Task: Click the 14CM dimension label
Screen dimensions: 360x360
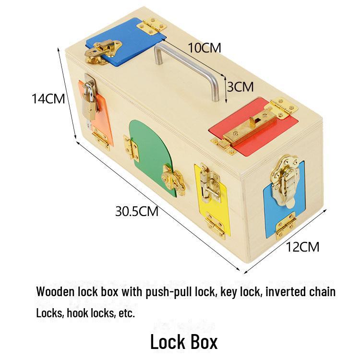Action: (x=48, y=99)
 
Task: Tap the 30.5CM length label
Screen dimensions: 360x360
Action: (x=137, y=211)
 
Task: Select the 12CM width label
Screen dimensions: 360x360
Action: (x=302, y=247)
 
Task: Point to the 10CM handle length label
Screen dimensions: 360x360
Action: (x=204, y=48)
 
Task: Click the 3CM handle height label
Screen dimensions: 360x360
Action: (x=240, y=87)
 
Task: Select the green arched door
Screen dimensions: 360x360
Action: (x=152, y=154)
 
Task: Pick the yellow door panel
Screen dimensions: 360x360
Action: (x=212, y=197)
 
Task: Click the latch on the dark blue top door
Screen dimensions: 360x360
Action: (x=101, y=52)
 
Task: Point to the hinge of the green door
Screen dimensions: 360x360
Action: (x=131, y=148)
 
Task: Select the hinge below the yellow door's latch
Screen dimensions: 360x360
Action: (x=216, y=225)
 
